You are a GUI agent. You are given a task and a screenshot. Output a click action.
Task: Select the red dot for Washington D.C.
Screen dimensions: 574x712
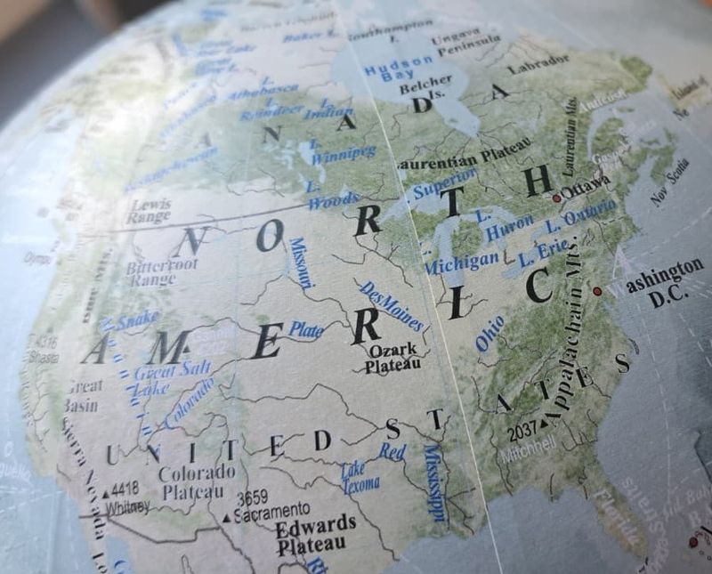pyautogui.click(x=597, y=290)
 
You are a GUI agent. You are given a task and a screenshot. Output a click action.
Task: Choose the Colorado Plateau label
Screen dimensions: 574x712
pyautogui.click(x=198, y=481)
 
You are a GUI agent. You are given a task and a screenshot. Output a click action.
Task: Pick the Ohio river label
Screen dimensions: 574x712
pyautogui.click(x=489, y=332)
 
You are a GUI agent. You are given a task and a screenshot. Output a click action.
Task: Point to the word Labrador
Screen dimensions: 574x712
pyautogui.click(x=538, y=64)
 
